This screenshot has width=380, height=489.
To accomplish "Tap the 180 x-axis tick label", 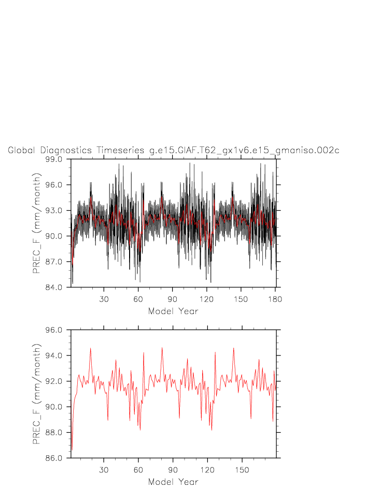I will (275, 299).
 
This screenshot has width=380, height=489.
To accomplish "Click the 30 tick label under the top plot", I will (104, 299).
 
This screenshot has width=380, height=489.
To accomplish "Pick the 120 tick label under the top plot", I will (206, 299).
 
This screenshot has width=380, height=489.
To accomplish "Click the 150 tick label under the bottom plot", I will (241, 470).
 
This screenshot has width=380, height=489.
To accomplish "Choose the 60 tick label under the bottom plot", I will (138, 470).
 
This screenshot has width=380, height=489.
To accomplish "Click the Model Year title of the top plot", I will (173, 312).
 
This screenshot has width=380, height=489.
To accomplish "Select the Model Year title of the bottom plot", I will (173, 482).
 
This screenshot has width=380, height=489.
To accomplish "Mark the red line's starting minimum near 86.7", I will (72, 449).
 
